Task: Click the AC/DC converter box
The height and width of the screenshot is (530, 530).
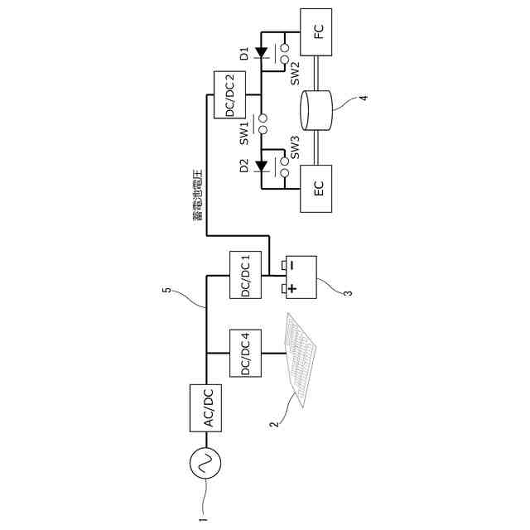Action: (x=207, y=407)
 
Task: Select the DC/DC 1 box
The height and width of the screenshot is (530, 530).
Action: (x=246, y=275)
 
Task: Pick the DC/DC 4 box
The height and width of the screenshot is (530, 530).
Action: (x=246, y=354)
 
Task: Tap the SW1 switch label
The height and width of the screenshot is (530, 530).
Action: (x=244, y=130)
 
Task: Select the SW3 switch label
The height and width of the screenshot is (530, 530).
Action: (x=295, y=150)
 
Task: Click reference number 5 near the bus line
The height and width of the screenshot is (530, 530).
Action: (x=166, y=291)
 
